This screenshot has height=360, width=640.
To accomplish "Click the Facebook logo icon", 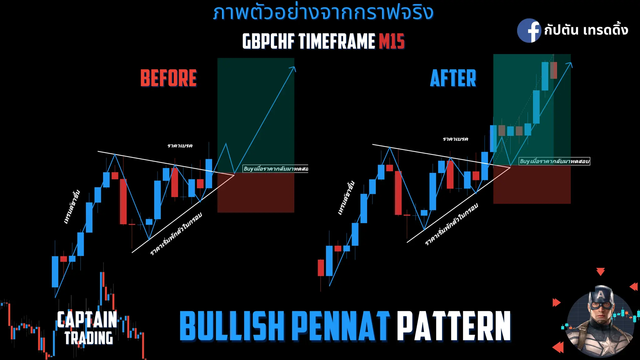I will [x=529, y=31].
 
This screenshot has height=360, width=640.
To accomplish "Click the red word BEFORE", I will [x=168, y=78].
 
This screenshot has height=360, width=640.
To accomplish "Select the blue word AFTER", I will [x=453, y=78].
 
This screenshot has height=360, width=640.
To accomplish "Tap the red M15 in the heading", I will [x=392, y=42].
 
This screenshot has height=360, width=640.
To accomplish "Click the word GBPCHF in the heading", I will [x=268, y=42].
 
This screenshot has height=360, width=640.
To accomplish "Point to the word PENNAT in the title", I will [x=341, y=326].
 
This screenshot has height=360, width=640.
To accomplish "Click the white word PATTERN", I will [x=454, y=326].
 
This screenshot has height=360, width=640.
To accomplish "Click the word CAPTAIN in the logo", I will [x=87, y=319].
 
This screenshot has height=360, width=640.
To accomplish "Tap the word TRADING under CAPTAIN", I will [x=89, y=338].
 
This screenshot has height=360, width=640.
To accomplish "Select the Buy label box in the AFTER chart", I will [x=554, y=161].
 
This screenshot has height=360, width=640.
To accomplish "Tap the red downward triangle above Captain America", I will [x=600, y=271].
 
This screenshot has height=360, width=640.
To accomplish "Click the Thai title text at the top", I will [x=323, y=13].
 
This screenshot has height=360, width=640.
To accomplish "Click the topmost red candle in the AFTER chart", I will [x=553, y=70].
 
